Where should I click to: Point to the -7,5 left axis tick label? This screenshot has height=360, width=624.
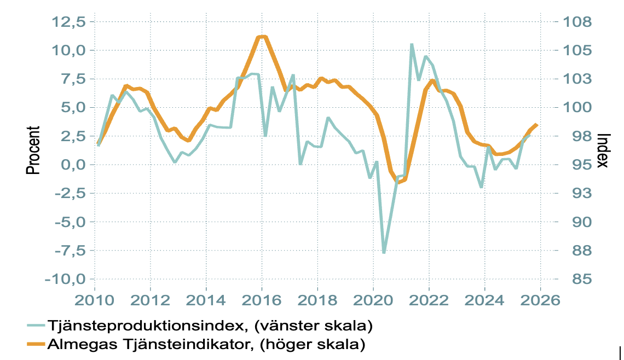pyautogui.click(x=65, y=251)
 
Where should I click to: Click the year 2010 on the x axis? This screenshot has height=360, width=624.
pyautogui.click(x=94, y=300)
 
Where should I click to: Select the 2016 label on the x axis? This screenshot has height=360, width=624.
pyautogui.click(x=262, y=300)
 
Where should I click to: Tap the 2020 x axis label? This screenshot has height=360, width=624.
pyautogui.click(x=373, y=300)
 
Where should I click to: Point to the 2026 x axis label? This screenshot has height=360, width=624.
pyautogui.click(x=540, y=300)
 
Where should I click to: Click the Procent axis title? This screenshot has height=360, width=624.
pyautogui.click(x=34, y=150)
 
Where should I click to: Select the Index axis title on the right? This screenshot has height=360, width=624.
pyautogui.click(x=603, y=150)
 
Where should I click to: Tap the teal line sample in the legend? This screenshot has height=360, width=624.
pyautogui.click(x=36, y=327)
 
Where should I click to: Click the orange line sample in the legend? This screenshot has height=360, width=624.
pyautogui.click(x=36, y=345)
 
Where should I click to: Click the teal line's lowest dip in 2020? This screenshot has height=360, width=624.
pyautogui.click(x=384, y=252)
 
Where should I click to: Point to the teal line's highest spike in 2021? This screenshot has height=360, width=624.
pyautogui.click(x=412, y=44)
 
